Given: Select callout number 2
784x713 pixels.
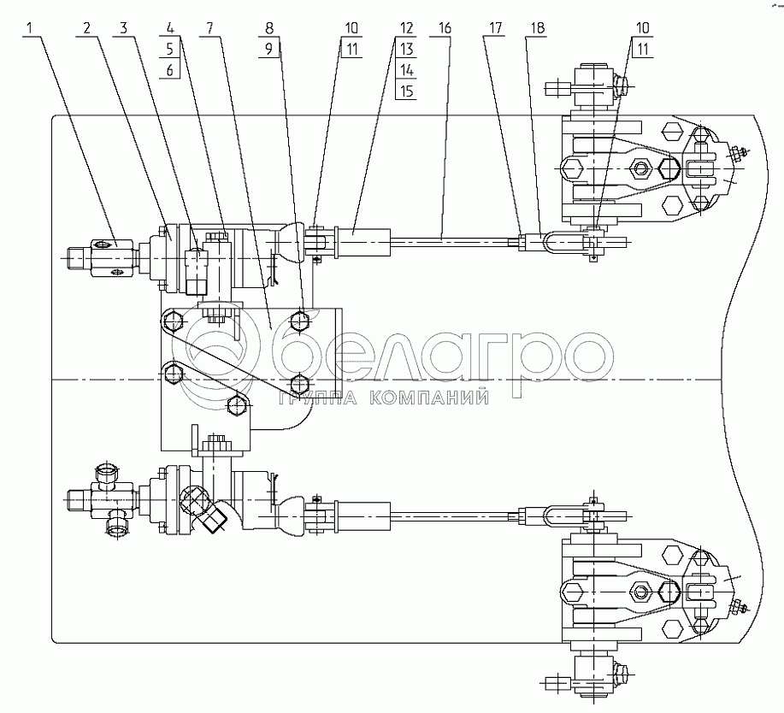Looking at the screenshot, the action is [x=86, y=27].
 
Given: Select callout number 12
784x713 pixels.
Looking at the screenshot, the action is [x=406, y=27].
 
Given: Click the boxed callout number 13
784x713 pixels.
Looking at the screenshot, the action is [x=406, y=50].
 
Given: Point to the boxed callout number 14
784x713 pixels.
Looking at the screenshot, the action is [x=406, y=70].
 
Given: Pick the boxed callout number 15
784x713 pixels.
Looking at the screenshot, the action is [x=406, y=91].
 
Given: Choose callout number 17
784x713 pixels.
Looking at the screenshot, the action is [x=492, y=27].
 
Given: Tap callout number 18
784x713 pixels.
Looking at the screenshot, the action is [x=535, y=27].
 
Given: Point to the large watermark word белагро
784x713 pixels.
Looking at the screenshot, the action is [x=445, y=355].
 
